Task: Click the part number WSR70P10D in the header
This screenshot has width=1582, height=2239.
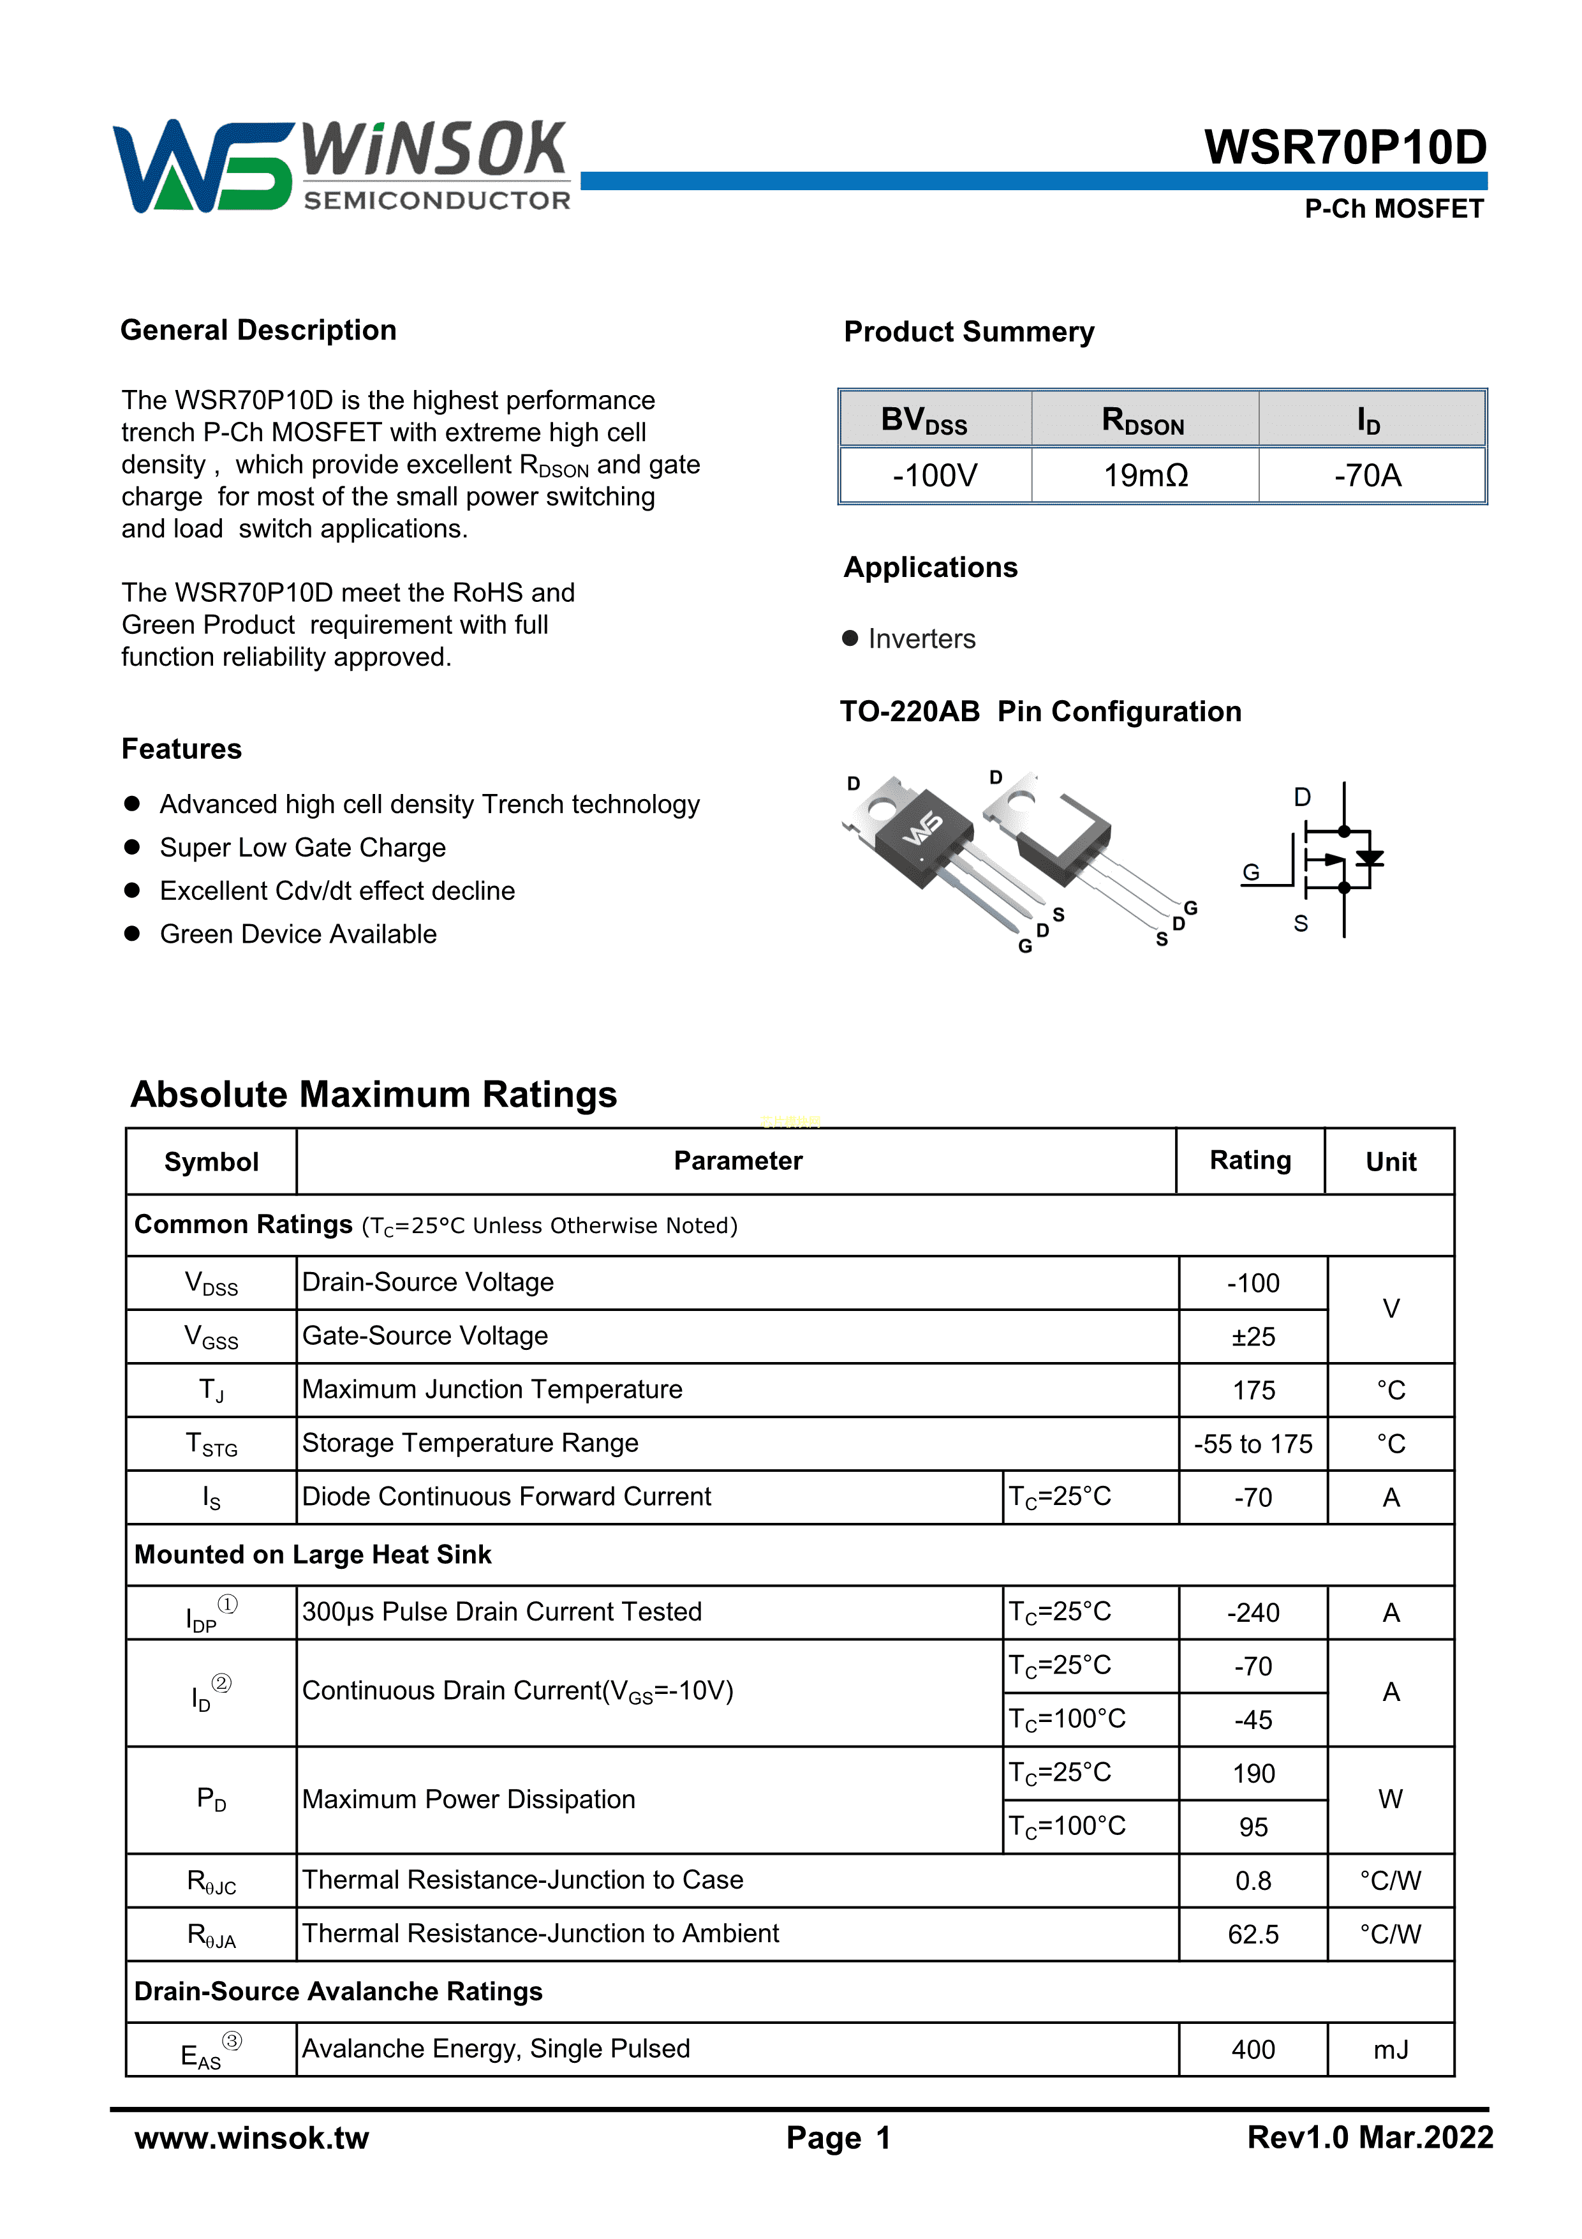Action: pyautogui.click(x=1345, y=147)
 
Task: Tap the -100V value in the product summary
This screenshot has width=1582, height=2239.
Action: pyautogui.click(x=935, y=476)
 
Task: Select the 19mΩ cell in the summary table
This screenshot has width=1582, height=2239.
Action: pyautogui.click(x=1145, y=476)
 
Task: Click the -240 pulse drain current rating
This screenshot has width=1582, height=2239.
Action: pyautogui.click(x=1253, y=1613)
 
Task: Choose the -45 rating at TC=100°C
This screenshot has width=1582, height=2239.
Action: pyautogui.click(x=1253, y=1720)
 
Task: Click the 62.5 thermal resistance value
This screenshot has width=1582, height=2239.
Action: pyautogui.click(x=1253, y=1935)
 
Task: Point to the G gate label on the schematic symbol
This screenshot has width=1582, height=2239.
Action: pyautogui.click(x=1250, y=872)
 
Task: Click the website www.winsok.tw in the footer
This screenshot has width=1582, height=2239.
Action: pyautogui.click(x=251, y=2138)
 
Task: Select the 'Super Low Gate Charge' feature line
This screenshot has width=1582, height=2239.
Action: pyautogui.click(x=302, y=848)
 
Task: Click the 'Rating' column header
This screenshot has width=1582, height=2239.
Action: pyautogui.click(x=1250, y=1160)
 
